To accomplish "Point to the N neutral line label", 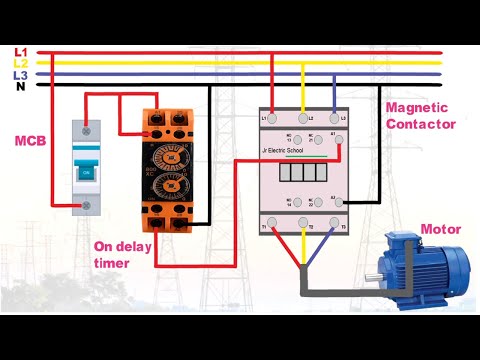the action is [x=19, y=86].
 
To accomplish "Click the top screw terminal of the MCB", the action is [x=89, y=129].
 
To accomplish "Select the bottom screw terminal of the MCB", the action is [x=89, y=207].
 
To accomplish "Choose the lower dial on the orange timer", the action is [x=173, y=186].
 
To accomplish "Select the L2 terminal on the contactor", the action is [x=303, y=119].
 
